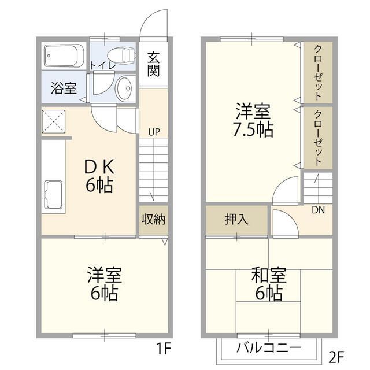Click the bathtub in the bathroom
[x=65, y=57]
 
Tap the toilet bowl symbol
[x=120, y=55]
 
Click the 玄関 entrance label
[x=153, y=64]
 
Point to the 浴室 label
[x=63, y=89]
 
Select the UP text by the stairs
[x=153, y=131]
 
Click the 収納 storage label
[x=153, y=219]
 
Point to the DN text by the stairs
[x=318, y=210]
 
